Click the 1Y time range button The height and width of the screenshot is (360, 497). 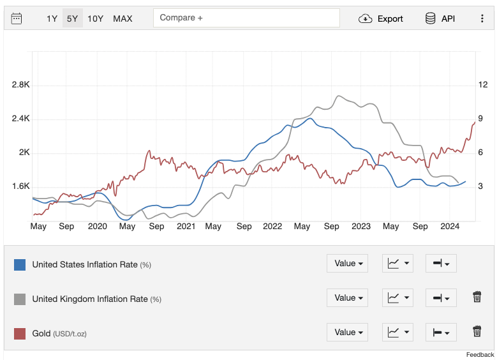(52, 19)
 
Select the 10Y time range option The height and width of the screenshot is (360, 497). (95, 19)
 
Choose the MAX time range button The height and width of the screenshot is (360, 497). (122, 19)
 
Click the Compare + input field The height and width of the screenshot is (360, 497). (246, 18)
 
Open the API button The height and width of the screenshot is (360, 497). (440, 19)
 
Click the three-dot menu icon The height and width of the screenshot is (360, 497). (482, 19)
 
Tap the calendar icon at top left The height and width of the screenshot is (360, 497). (17, 19)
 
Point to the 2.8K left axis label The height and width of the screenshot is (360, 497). (21, 85)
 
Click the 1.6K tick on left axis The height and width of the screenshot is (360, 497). (21, 186)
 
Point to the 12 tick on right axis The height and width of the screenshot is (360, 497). (483, 85)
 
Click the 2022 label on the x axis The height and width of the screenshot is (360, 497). (272, 226)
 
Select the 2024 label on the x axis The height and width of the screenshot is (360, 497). (450, 226)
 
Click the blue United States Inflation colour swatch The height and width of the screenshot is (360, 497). (20, 264)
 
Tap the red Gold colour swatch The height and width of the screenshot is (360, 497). (20, 333)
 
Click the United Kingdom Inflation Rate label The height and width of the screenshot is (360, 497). (90, 299)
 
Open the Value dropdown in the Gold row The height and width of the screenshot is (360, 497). (347, 332)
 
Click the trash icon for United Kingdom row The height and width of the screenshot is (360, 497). (477, 297)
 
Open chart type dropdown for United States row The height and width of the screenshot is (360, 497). (397, 263)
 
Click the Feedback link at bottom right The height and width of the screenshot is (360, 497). (480, 354)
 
